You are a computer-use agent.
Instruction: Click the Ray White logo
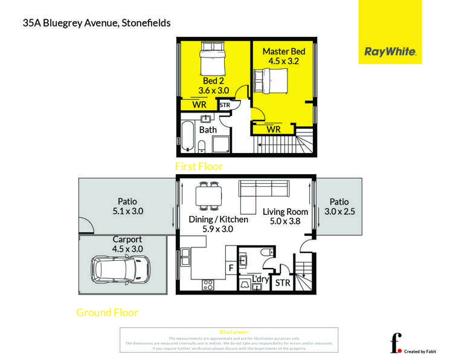390,52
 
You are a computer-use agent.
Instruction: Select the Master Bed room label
284,51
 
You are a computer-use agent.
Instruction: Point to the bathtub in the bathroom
187,136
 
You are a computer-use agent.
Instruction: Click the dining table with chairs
208,196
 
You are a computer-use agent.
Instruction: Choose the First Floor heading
199,166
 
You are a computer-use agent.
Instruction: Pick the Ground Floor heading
107,313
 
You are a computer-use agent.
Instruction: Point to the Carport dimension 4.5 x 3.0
127,249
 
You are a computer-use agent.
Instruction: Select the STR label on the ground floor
282,283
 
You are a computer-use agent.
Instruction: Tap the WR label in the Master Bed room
274,129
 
